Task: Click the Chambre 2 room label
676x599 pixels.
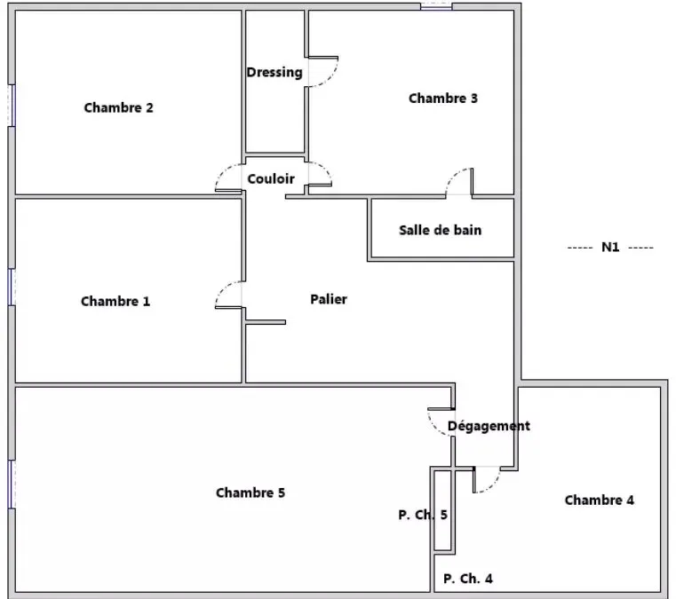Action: pyautogui.click(x=118, y=107)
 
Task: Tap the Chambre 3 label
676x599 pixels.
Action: pyautogui.click(x=443, y=99)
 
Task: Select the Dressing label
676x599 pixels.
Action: pyautogui.click(x=274, y=73)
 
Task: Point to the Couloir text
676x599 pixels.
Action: pyautogui.click(x=271, y=178)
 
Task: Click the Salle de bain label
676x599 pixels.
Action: pyautogui.click(x=441, y=230)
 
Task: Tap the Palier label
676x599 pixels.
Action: pyautogui.click(x=329, y=299)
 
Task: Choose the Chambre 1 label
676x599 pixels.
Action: pyautogui.click(x=115, y=301)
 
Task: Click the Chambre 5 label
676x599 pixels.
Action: pyautogui.click(x=251, y=493)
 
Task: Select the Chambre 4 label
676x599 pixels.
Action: pyautogui.click(x=600, y=500)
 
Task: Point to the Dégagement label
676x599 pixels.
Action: pyautogui.click(x=489, y=426)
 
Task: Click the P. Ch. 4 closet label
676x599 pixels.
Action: pyautogui.click(x=468, y=579)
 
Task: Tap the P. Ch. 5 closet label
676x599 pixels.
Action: pyautogui.click(x=423, y=515)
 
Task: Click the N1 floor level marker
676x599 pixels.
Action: pyautogui.click(x=610, y=248)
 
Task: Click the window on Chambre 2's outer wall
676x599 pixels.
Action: pyautogui.click(x=12, y=106)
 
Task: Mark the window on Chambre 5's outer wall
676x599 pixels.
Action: pyautogui.click(x=12, y=484)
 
